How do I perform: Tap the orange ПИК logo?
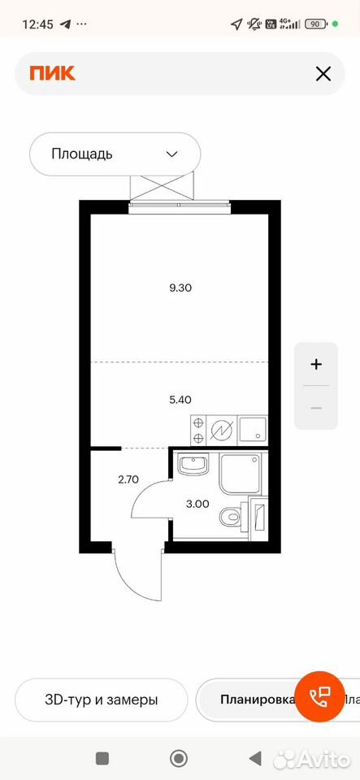(52, 74)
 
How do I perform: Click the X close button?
(323, 74)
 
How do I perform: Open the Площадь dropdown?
(115, 154)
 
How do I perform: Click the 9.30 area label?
(180, 287)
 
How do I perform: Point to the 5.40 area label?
(180, 399)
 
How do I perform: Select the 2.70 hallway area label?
(128, 479)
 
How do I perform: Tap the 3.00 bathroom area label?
(198, 504)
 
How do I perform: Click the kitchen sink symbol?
(253, 429)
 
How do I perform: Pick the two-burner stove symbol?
(198, 431)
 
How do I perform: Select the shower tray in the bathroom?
(241, 474)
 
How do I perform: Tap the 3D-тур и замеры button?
(102, 700)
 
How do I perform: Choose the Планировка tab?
(257, 700)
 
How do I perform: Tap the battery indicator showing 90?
(316, 24)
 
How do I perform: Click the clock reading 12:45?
(38, 24)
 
